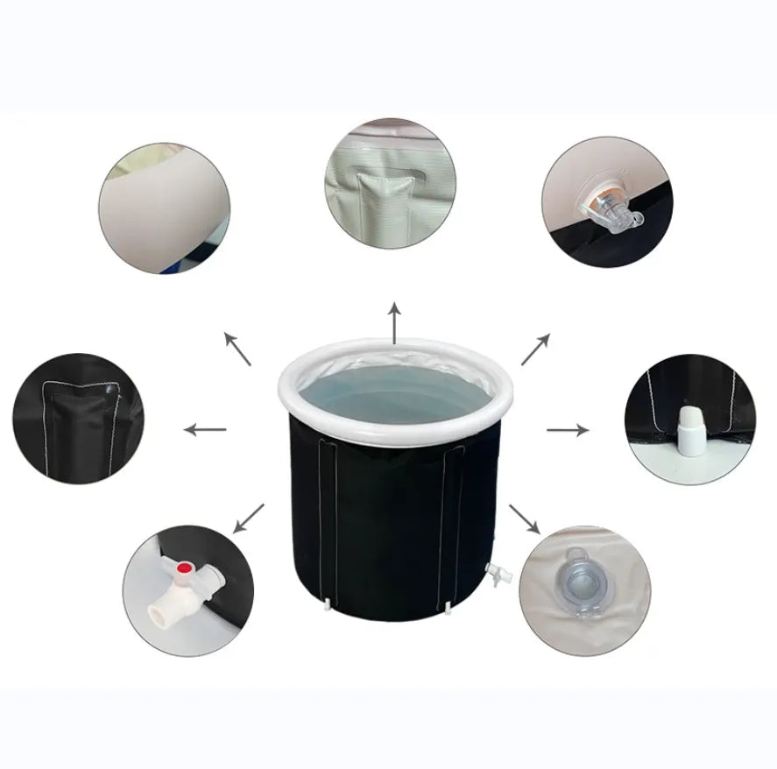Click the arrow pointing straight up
(x=394, y=323)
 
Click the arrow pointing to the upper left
(x=237, y=349)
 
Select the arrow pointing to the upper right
(x=535, y=349)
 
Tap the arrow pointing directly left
(x=206, y=429)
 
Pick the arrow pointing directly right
(x=568, y=429)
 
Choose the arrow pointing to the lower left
(x=250, y=517)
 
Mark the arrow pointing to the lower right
(x=525, y=519)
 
